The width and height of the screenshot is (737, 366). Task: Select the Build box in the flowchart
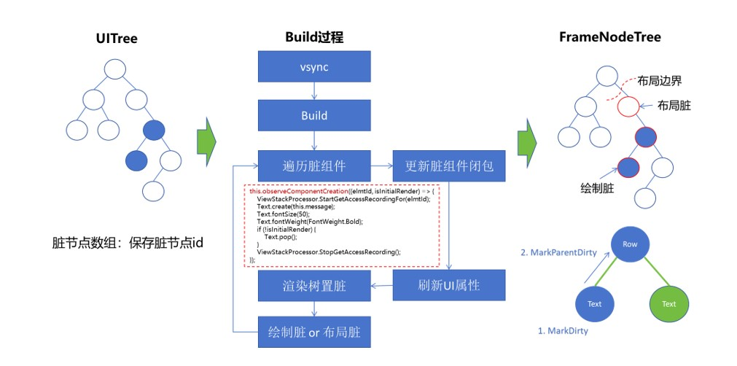tap(314, 115)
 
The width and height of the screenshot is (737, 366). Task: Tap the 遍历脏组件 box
tap(314, 166)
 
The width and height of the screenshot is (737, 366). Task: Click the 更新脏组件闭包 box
tap(449, 166)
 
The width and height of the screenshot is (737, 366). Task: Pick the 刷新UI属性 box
tap(449, 285)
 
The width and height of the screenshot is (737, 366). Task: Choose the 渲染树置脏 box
tap(314, 285)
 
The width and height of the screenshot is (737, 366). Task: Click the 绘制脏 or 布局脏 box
tap(314, 332)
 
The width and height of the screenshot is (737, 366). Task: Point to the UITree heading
tap(117, 38)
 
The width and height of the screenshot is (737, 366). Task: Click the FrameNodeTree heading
tap(610, 37)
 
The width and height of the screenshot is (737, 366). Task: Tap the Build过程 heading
tap(314, 37)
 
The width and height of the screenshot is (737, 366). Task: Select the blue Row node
tap(630, 245)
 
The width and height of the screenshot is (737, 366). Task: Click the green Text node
tap(668, 304)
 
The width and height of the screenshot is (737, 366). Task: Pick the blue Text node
tap(594, 304)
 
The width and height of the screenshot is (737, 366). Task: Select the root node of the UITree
tap(116, 71)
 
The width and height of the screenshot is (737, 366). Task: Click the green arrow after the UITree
tap(207, 139)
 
